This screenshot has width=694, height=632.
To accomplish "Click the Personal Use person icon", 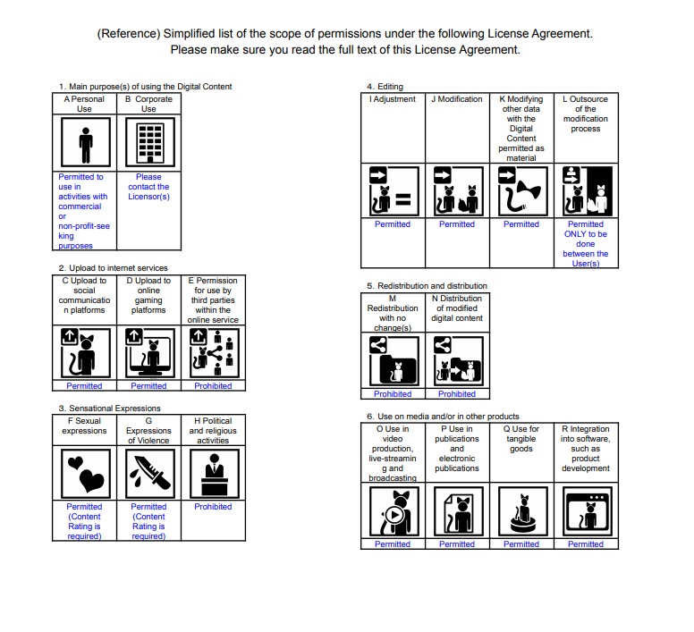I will pos(84,143).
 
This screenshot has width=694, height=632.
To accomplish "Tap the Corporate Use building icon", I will pos(148,143).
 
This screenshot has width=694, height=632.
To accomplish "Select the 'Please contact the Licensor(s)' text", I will pos(148,187).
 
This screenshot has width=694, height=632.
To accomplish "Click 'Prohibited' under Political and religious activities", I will pos(213,507).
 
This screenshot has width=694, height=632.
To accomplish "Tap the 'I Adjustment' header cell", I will pos(393,99).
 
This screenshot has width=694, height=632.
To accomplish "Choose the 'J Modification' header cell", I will pos(457,99).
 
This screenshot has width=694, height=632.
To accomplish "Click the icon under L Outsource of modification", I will pos(586,191).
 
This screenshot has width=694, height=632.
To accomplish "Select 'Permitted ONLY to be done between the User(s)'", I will pos(586,244).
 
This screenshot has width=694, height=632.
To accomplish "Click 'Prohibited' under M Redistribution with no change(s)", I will pos(393,393).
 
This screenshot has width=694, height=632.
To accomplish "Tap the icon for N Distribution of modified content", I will pos(457,360).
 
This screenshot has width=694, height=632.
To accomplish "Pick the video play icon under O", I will pos(393,511).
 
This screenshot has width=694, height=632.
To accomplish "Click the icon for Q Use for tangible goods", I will pos(521,511).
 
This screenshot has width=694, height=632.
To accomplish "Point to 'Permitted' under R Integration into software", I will pos(586,544).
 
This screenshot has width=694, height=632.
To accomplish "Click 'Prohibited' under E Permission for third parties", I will pos(213,386).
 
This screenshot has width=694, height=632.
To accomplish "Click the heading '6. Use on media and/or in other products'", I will pos(443,417).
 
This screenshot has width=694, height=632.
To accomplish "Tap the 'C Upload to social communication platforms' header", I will pos(84,295).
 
